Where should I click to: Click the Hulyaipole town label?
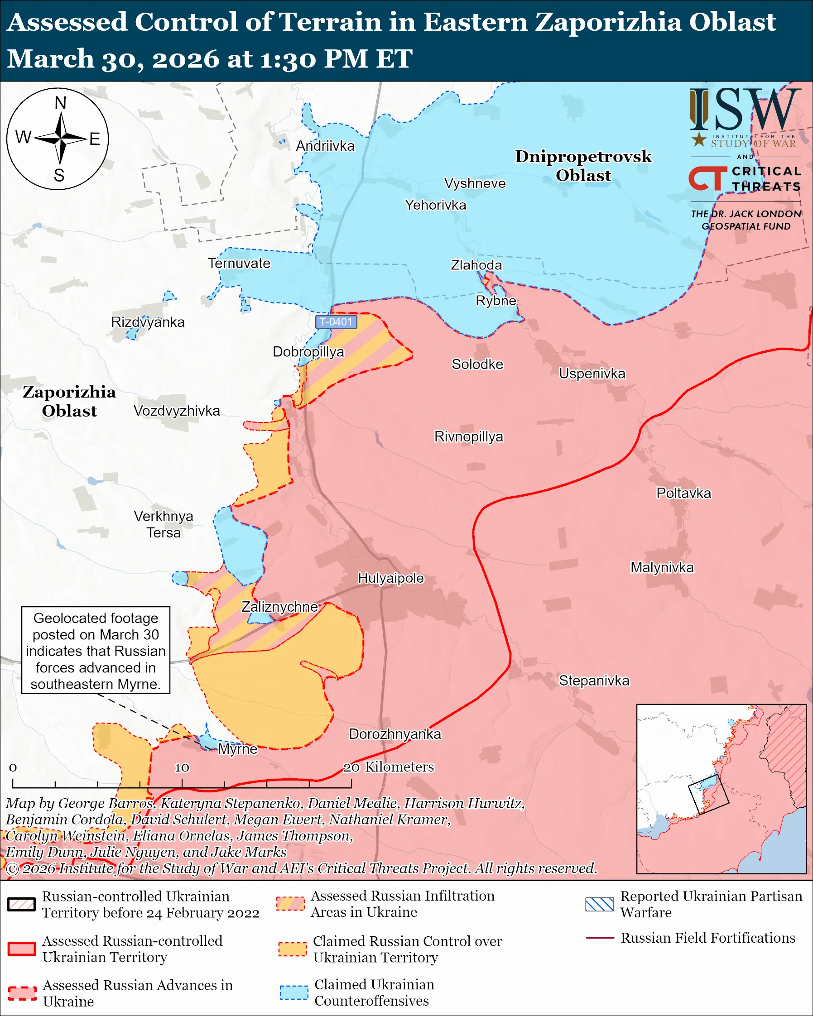(x=391, y=578)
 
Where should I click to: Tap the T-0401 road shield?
(x=336, y=322)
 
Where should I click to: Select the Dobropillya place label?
(x=308, y=352)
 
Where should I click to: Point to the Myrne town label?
(x=237, y=749)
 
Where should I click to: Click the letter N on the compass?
(x=60, y=103)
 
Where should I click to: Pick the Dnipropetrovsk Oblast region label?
(x=583, y=165)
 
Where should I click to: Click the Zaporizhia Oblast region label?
(x=69, y=401)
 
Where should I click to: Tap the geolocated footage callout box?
(x=96, y=650)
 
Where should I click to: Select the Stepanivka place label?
(x=594, y=681)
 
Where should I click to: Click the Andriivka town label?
(x=325, y=146)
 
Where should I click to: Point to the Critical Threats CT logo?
(x=707, y=178)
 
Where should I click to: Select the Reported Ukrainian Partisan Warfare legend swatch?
(x=600, y=904)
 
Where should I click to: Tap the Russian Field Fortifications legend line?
(x=600, y=938)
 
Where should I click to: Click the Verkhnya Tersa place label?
(x=163, y=524)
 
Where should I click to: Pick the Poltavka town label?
(x=683, y=494)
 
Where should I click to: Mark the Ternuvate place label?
(x=239, y=264)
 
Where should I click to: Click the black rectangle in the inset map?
(x=708, y=794)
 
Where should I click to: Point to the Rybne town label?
(x=496, y=301)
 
